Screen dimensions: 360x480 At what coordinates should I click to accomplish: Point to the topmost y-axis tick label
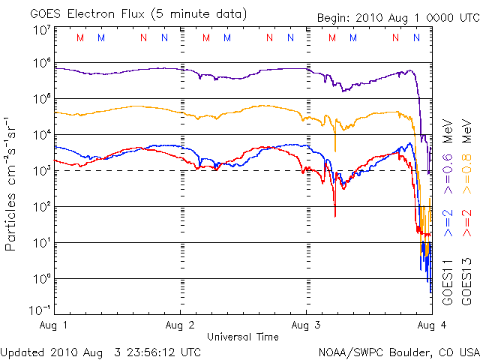point(41,30)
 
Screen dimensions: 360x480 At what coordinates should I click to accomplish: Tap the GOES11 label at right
point(448,280)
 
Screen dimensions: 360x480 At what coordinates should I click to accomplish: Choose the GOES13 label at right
point(466,280)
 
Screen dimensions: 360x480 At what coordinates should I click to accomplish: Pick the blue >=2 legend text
point(448,224)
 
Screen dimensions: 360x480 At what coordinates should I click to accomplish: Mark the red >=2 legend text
point(466,224)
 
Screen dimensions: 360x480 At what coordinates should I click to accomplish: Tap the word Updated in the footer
point(23,351)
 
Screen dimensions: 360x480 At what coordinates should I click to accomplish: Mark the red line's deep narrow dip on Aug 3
point(334,214)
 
